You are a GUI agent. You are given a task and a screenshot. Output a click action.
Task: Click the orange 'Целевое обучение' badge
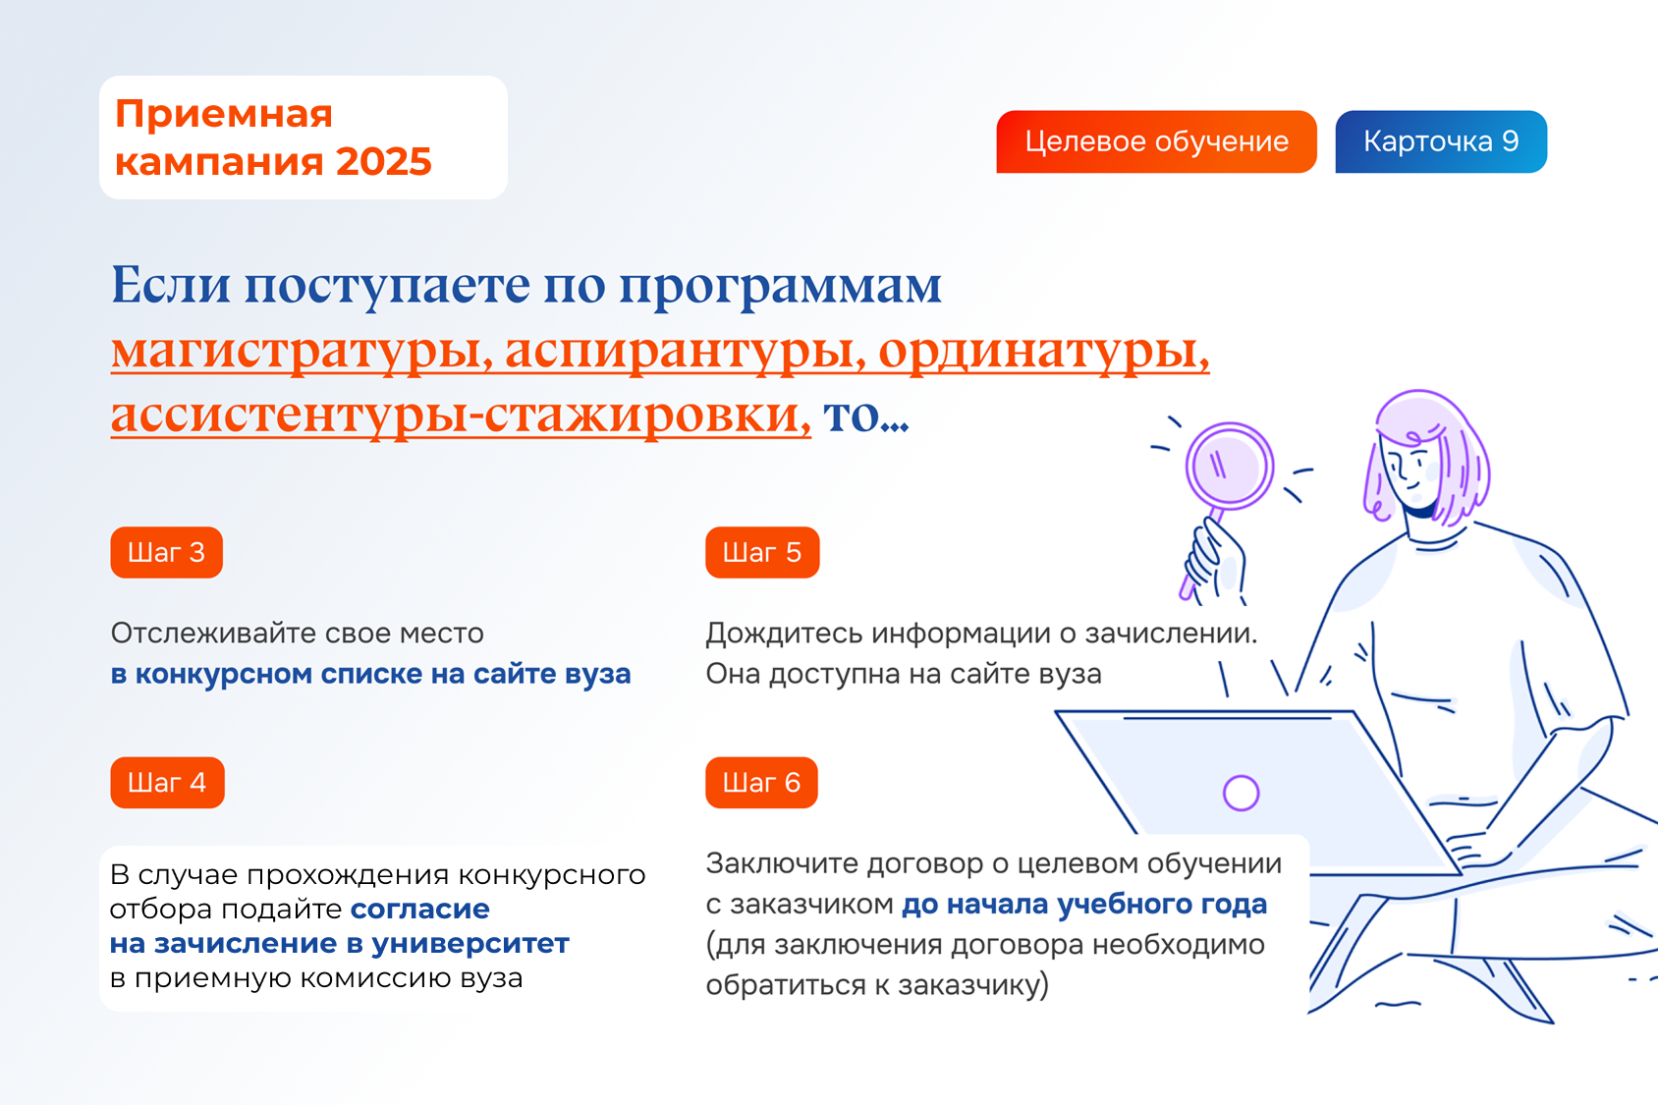[1156, 141]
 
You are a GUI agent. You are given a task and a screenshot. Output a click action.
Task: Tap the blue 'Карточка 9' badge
[1441, 141]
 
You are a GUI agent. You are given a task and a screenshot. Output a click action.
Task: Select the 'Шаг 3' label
[167, 552]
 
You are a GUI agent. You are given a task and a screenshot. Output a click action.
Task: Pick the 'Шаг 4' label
[167, 782]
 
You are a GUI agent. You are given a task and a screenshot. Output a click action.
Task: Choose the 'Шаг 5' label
[762, 552]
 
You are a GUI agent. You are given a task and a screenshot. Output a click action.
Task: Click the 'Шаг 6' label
[761, 782]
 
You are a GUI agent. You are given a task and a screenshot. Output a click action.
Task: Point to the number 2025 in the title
[383, 161]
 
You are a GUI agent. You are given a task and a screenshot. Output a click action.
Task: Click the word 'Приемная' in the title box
[224, 114]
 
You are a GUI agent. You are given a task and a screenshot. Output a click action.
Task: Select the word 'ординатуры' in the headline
[1044, 351]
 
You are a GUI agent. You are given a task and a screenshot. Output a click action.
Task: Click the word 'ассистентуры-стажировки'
[461, 415]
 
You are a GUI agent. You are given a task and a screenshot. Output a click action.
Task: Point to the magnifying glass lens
[1230, 467]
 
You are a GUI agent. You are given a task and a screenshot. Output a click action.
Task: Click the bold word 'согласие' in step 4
[419, 909]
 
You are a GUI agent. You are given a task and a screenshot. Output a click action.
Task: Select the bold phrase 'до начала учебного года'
[1084, 905]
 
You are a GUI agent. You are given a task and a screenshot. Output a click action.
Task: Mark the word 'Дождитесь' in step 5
[784, 634]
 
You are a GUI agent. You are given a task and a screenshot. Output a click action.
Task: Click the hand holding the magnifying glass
[1215, 560]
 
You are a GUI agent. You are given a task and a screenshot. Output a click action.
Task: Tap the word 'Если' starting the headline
[171, 285]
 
